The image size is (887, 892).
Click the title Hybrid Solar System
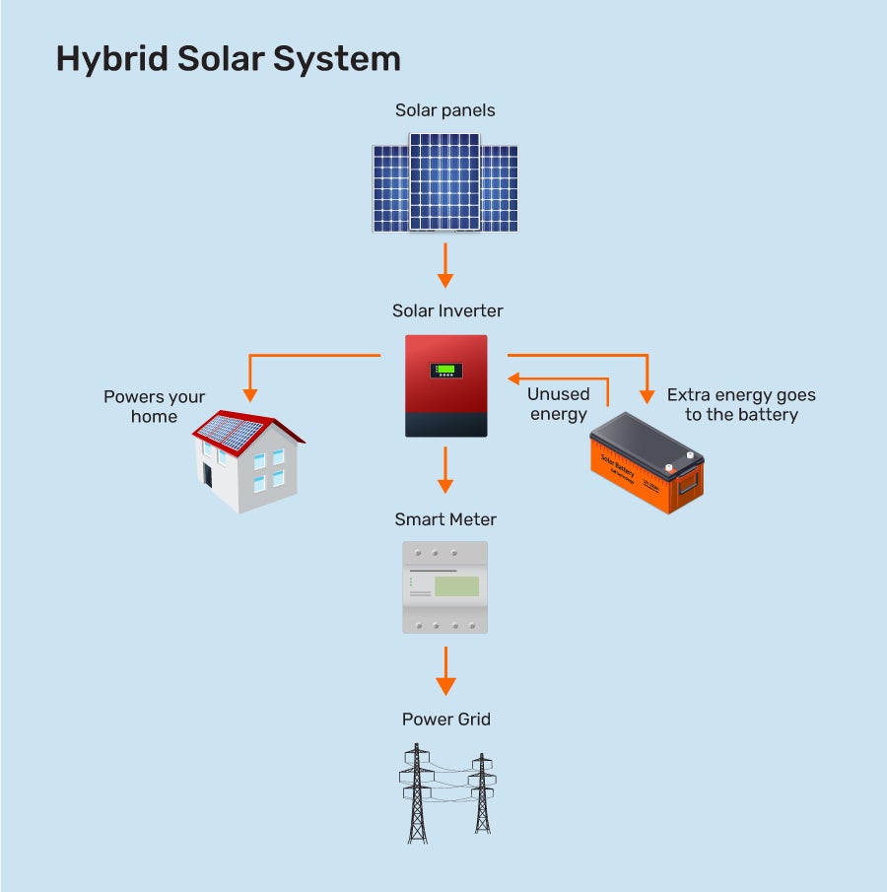pyautogui.click(x=228, y=59)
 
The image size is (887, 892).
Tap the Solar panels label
pyautogui.click(x=444, y=110)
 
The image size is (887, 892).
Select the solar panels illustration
pyautogui.click(x=444, y=187)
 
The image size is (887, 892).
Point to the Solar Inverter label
pyautogui.click(x=447, y=311)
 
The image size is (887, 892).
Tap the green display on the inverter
pyautogui.click(x=446, y=371)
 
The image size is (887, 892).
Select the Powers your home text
pyautogui.click(x=155, y=406)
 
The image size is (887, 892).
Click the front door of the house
pyautogui.click(x=208, y=474)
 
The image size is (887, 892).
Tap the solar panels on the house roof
pyautogui.click(x=230, y=432)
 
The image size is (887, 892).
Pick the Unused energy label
pyautogui.click(x=558, y=404)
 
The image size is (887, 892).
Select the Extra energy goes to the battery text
pyautogui.click(x=741, y=405)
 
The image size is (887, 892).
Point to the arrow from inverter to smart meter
pyautogui.click(x=445, y=470)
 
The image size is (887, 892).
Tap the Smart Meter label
pyautogui.click(x=445, y=519)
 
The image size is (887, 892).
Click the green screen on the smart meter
pyautogui.click(x=456, y=586)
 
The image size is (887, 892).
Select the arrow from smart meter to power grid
pyautogui.click(x=445, y=671)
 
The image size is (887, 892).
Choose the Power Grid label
pyautogui.click(x=445, y=720)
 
